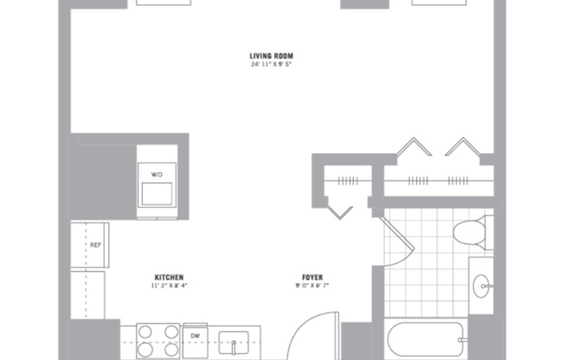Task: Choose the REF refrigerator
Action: tap(89, 246)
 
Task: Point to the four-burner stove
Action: tap(157, 341)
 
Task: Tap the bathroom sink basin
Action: tap(482, 282)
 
